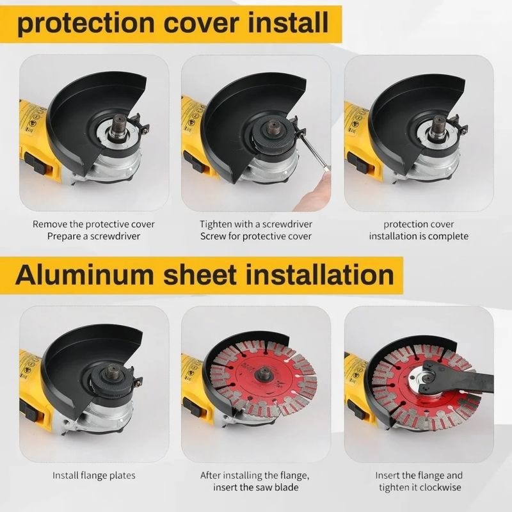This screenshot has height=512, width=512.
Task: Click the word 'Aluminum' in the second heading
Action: (84, 275)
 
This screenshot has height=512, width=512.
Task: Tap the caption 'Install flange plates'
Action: (94, 475)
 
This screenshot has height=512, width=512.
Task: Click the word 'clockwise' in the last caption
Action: (440, 487)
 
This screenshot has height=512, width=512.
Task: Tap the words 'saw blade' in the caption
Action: (278, 487)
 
